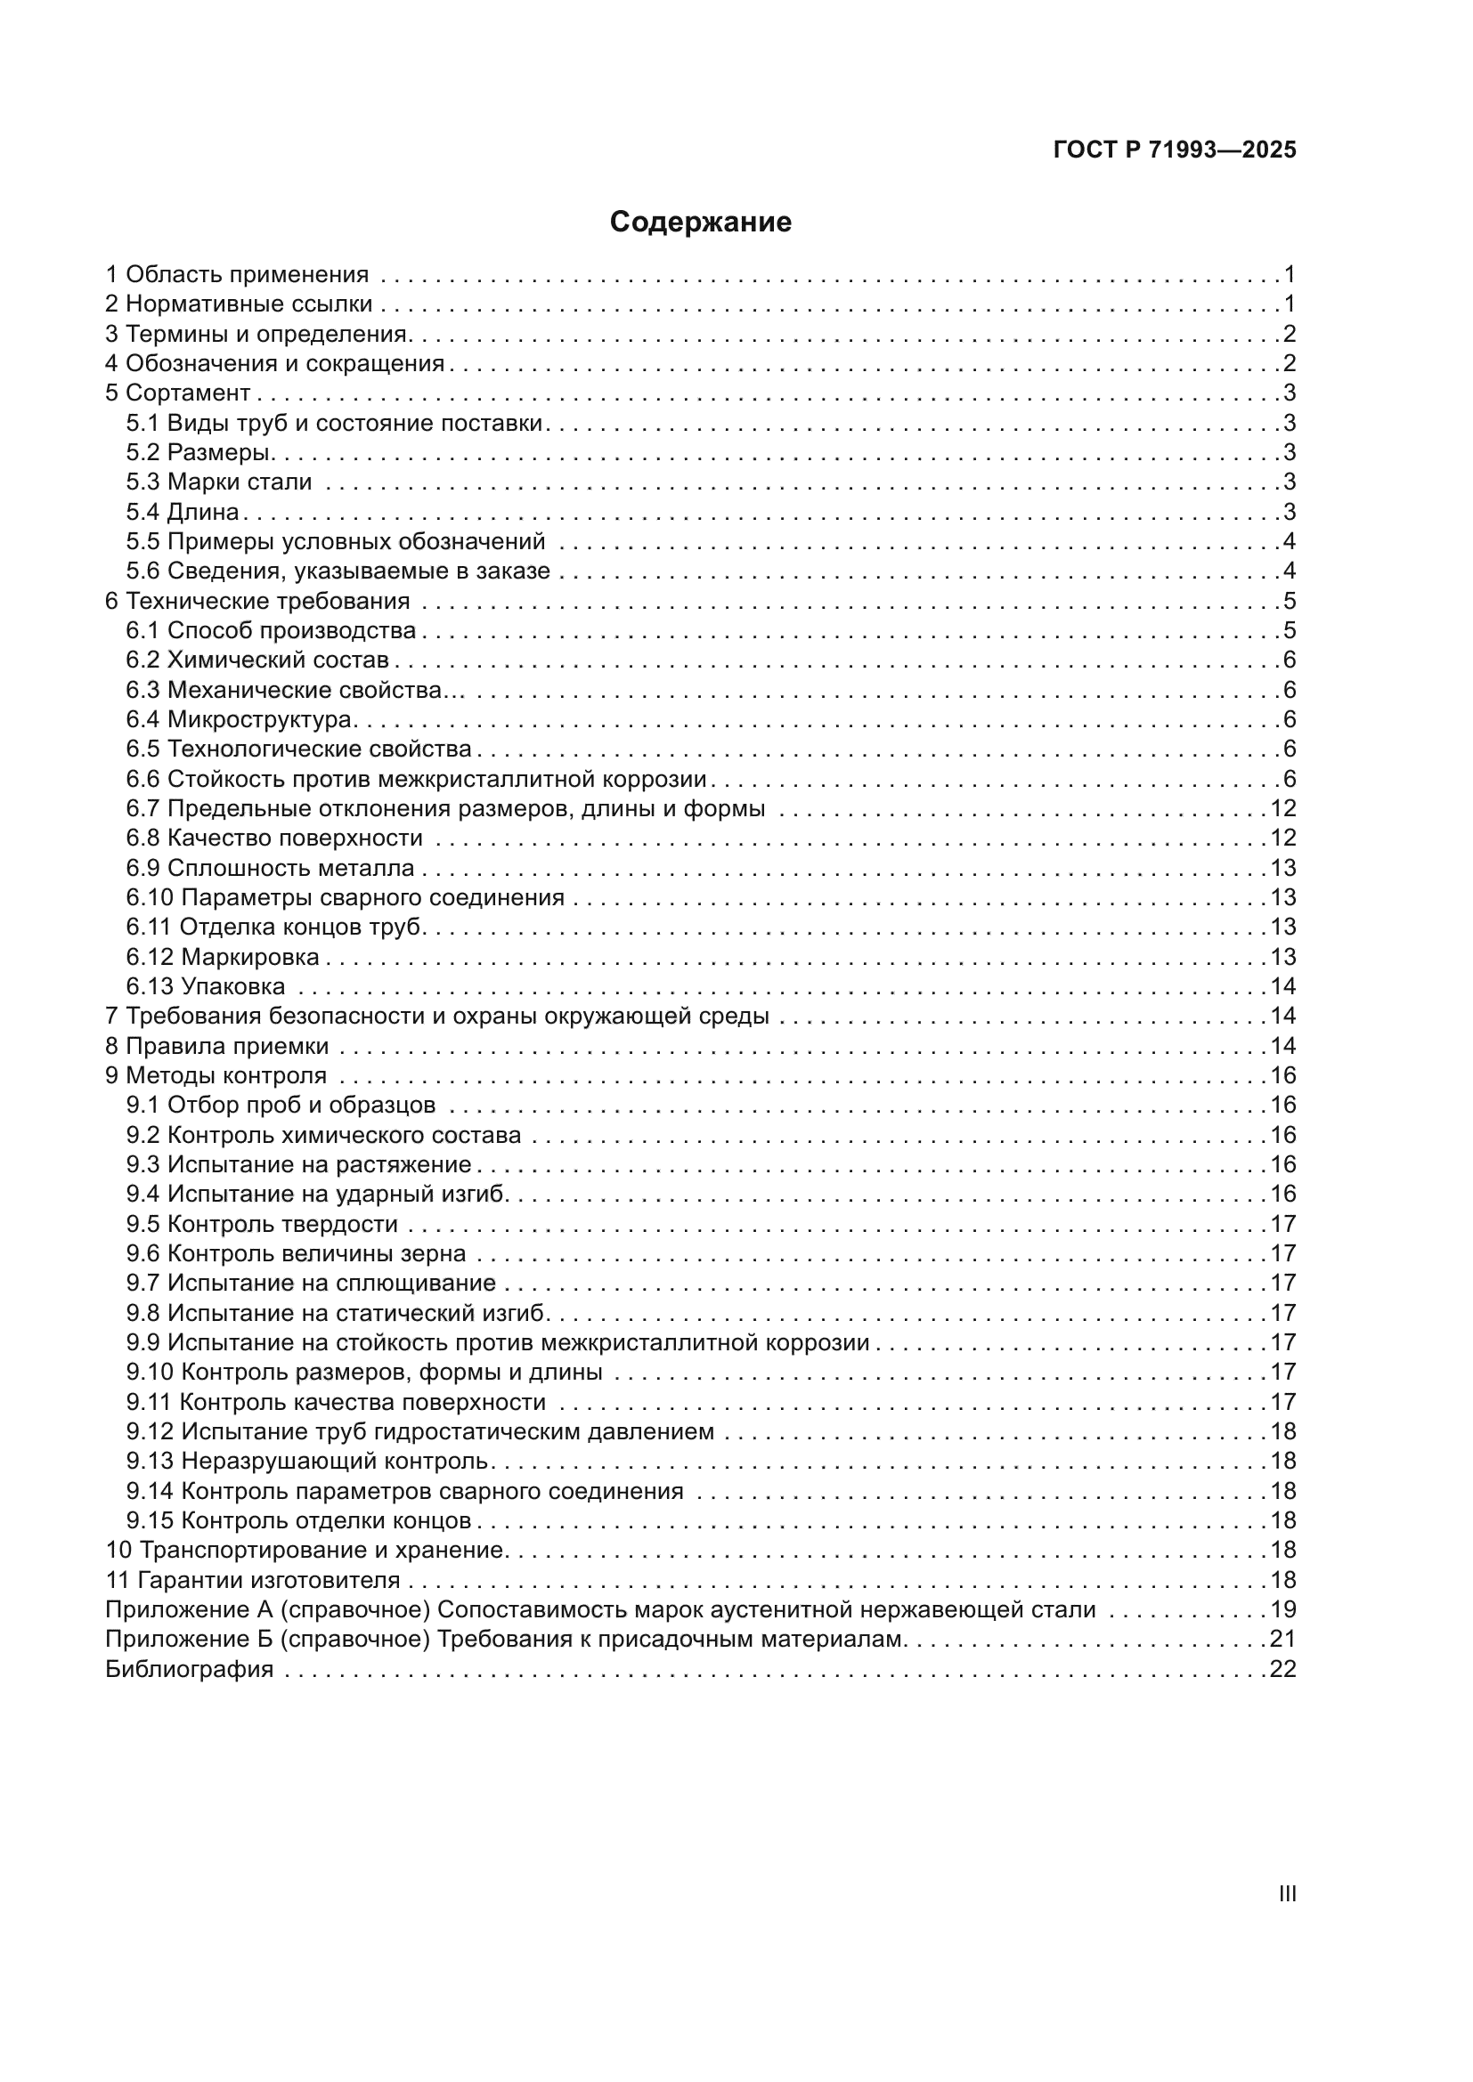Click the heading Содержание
pos(700,223)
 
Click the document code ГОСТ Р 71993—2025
pos(1175,150)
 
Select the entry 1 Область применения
pos(237,275)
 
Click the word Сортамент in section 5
pos(188,393)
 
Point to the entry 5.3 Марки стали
pos(218,482)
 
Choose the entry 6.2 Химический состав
pos(257,660)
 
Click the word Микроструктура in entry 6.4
pos(259,720)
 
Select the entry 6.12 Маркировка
pos(223,958)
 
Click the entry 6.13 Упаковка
pos(206,986)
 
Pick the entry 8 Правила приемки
pos(216,1047)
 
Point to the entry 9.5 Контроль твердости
pos(262,1225)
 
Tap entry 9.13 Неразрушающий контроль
pos(308,1462)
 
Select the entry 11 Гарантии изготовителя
pos(253,1581)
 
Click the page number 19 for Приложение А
pos(1282,1610)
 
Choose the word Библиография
pos(189,1669)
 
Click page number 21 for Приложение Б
pos(1282,1640)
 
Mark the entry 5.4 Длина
pos(183,513)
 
